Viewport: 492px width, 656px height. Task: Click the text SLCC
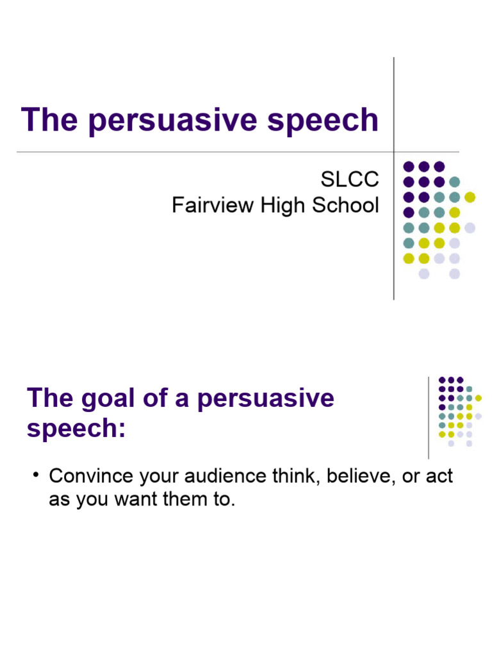pyautogui.click(x=349, y=179)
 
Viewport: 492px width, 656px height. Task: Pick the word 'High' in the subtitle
pyautogui.click(x=281, y=205)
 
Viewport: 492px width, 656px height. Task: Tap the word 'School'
pyautogui.click(x=345, y=205)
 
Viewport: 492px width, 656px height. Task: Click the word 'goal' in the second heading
pyautogui.click(x=110, y=398)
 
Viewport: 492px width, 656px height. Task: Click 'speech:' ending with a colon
pyautogui.click(x=76, y=428)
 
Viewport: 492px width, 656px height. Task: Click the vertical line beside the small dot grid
pyautogui.click(x=429, y=418)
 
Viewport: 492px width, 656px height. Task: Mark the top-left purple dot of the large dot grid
pyautogui.click(x=408, y=167)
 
